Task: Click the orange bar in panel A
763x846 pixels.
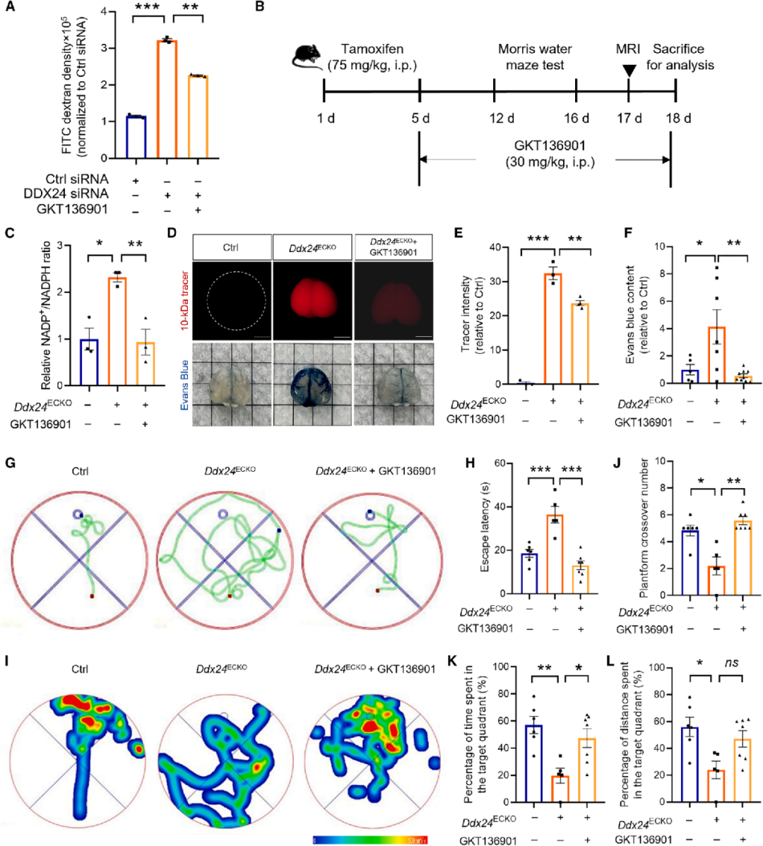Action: tap(167, 99)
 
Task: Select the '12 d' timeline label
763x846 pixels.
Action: tap(502, 118)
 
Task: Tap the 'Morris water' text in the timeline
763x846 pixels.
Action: tap(535, 49)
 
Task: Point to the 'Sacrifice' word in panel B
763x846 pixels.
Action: tap(678, 49)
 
